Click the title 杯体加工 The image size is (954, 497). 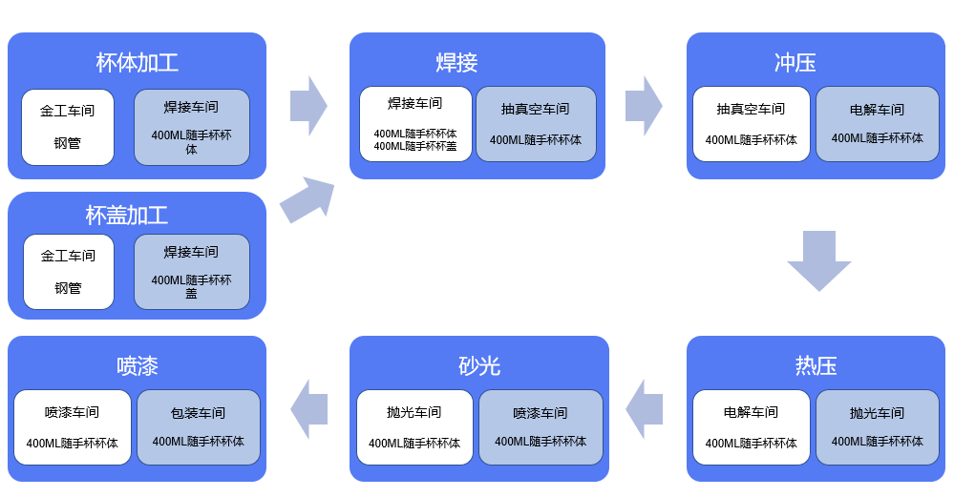click(137, 63)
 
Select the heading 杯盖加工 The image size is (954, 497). click(126, 216)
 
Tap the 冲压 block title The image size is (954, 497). click(795, 63)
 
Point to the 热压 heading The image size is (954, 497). click(816, 366)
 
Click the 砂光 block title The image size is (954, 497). click(478, 366)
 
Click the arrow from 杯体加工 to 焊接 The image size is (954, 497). click(308, 106)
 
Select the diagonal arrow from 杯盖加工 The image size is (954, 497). click(308, 199)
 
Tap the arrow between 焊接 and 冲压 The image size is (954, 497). click(644, 106)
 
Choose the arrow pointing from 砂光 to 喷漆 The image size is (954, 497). click(308, 408)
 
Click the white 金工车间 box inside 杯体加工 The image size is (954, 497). click(68, 127)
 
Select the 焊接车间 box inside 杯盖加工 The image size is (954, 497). click(191, 271)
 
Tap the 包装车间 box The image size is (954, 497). click(198, 426)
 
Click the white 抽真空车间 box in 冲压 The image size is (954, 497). click(751, 124)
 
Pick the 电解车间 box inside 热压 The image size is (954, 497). click(751, 426)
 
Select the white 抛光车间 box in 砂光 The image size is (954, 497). click(414, 426)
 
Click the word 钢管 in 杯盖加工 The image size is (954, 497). click(68, 287)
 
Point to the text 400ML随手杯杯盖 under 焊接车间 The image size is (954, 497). click(414, 146)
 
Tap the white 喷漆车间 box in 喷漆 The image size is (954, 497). click(72, 426)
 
